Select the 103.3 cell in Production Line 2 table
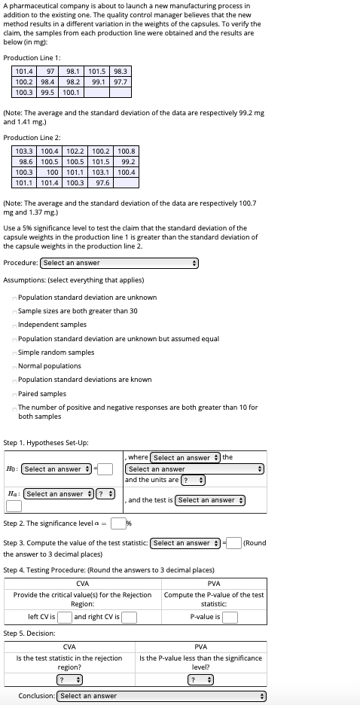(x=26, y=151)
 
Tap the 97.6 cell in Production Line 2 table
(x=103, y=183)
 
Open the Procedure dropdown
(x=119, y=263)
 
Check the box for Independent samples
(x=15, y=325)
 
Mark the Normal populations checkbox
(x=15, y=366)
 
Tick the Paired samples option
(x=15, y=393)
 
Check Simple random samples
(x=15, y=352)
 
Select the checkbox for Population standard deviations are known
(x=15, y=380)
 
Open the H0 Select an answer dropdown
(x=56, y=469)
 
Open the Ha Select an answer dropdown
(x=56, y=494)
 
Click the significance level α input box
(x=118, y=523)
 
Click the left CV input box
(x=65, y=618)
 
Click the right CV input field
(x=130, y=618)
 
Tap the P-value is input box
(x=230, y=618)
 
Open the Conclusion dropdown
(x=162, y=696)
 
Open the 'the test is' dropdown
(x=211, y=500)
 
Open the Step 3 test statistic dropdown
(x=185, y=543)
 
